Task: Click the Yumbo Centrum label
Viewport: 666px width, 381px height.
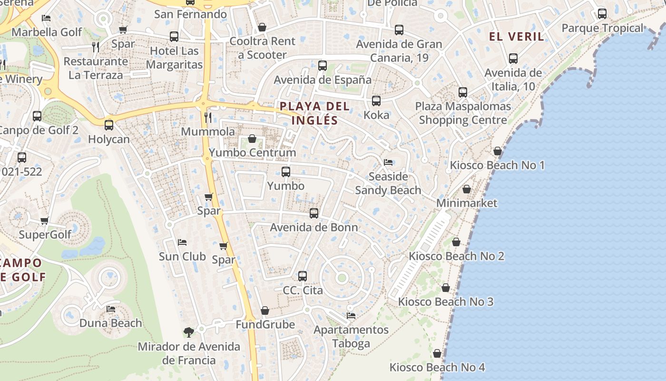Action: point(253,153)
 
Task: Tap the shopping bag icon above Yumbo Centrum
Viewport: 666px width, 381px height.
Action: point(252,139)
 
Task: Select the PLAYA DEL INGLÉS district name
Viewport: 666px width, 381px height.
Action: point(314,113)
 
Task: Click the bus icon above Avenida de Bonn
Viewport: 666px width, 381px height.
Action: point(314,213)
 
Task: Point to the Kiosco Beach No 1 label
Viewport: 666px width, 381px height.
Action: point(497,165)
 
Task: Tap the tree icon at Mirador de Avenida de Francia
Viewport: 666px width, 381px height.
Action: point(189,332)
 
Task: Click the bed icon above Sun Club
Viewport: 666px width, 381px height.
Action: point(182,242)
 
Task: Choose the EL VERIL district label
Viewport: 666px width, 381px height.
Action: point(517,37)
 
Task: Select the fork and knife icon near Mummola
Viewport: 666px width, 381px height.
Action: point(208,117)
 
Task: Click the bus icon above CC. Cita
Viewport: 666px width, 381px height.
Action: point(303,276)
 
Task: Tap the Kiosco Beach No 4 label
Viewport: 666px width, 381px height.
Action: point(437,367)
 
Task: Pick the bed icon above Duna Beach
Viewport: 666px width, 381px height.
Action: point(111,309)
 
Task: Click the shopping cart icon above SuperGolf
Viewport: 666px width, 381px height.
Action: point(45,221)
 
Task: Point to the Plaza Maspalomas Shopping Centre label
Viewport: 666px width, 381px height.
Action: point(463,113)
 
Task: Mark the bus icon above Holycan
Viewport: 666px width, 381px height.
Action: point(109,125)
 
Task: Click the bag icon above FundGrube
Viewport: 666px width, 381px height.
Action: point(265,311)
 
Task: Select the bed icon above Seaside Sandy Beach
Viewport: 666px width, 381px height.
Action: point(388,162)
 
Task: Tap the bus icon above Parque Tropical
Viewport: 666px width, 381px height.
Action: point(602,14)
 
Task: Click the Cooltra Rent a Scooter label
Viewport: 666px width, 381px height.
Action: point(262,48)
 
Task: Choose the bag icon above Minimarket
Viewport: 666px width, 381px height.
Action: point(467,190)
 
